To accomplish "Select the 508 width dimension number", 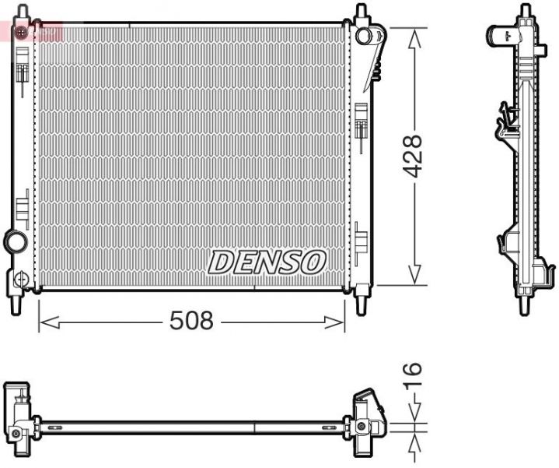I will tap(191, 320).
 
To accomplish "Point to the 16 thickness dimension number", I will tap(412, 379).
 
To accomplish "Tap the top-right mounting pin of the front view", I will tap(360, 13).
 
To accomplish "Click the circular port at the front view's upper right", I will tap(362, 35).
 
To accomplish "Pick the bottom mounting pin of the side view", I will tap(526, 304).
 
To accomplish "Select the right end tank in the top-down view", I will tap(366, 420).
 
